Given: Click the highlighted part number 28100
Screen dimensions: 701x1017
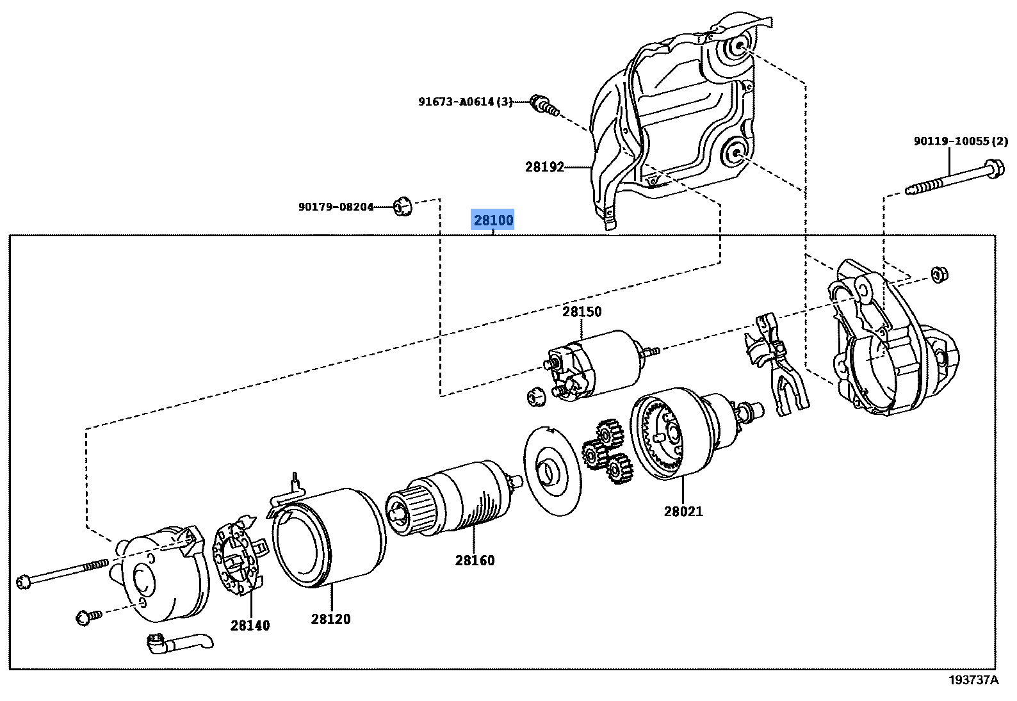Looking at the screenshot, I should point(493,220).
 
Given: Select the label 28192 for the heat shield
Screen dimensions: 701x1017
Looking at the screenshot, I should point(544,167).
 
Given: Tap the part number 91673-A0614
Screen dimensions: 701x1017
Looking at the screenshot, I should point(465,102).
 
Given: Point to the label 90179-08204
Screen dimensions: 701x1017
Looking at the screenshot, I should point(336,207).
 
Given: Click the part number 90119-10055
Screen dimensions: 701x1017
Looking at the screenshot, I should point(960,141).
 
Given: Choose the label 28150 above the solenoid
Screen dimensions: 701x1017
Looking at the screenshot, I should point(582,312).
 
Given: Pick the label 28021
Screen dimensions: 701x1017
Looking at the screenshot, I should point(683,511).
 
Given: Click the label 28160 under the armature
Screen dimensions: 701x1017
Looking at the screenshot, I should point(475,560).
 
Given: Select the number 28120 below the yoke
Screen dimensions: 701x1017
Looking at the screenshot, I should point(330,619).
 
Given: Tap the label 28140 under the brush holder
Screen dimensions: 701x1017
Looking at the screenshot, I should point(250,625).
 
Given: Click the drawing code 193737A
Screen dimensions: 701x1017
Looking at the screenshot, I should point(973,680).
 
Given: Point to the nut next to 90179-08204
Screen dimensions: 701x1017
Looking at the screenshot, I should point(402,206).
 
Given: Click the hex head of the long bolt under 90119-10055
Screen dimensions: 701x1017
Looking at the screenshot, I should point(995,168).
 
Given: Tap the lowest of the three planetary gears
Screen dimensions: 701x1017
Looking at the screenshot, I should point(619,469).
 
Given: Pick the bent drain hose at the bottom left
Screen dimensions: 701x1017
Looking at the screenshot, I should point(180,643).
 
